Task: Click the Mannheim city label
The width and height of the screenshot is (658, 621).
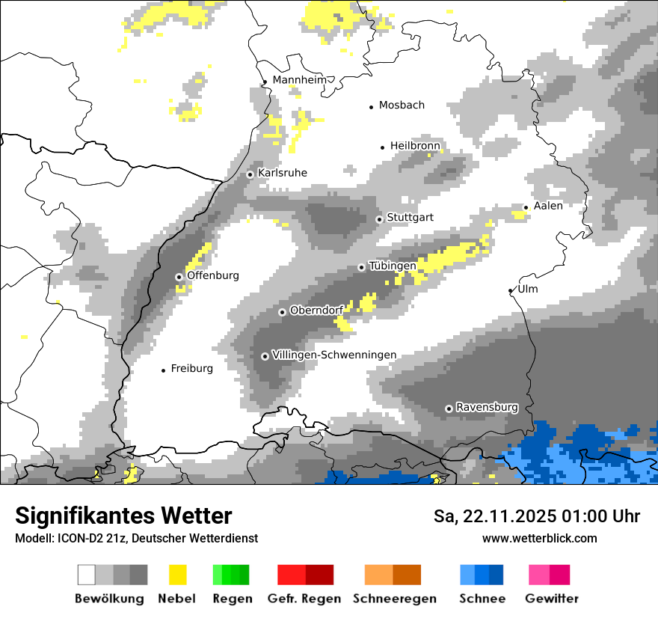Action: [x=301, y=80]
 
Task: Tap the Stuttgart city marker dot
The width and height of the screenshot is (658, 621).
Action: [x=379, y=219]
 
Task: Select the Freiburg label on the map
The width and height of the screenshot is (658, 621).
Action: [x=191, y=368]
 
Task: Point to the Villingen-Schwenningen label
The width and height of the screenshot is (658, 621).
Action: [x=334, y=355]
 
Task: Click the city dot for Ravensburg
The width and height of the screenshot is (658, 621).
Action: [x=449, y=409]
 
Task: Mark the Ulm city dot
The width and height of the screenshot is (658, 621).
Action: [x=511, y=290]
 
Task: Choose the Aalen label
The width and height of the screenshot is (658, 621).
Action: [x=548, y=206]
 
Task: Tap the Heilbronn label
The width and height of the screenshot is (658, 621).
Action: [x=415, y=145]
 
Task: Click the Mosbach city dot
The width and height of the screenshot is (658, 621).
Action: [x=371, y=107]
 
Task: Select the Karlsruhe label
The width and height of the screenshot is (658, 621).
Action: [x=282, y=173]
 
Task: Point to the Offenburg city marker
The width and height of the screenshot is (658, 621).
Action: [x=179, y=277]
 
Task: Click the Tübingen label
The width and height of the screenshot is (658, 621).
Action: [x=392, y=266]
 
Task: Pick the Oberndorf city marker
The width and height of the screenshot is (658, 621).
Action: [x=282, y=312]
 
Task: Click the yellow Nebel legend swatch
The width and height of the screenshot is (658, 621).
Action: [x=177, y=575]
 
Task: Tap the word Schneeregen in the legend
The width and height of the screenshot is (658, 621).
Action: [x=394, y=599]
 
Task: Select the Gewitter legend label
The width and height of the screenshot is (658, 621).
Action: [x=551, y=599]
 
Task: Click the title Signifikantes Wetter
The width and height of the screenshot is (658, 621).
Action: [x=123, y=516]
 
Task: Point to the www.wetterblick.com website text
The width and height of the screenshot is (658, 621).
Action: [x=539, y=538]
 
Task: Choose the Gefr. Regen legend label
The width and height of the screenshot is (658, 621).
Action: [x=304, y=599]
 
